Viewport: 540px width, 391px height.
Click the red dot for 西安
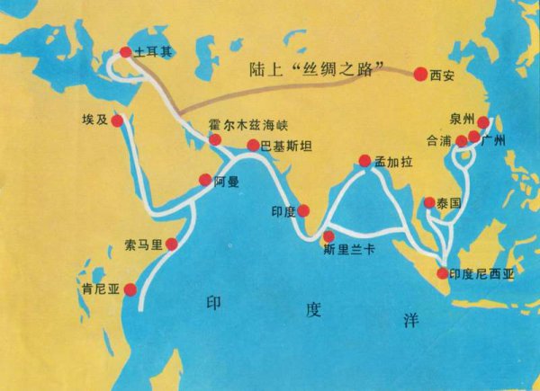click(x=420, y=75)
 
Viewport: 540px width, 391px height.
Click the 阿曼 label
click(x=228, y=181)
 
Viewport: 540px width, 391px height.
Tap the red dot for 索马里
click(x=172, y=244)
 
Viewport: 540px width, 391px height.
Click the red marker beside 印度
click(x=303, y=210)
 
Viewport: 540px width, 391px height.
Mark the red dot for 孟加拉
click(x=364, y=162)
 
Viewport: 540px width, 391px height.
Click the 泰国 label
click(x=449, y=203)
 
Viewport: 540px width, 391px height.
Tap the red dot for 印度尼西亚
click(x=442, y=272)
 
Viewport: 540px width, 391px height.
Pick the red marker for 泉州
click(x=482, y=122)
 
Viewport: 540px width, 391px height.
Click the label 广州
click(x=495, y=141)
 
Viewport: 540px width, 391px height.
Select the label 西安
click(x=445, y=76)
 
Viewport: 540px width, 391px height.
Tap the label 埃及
click(x=94, y=120)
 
